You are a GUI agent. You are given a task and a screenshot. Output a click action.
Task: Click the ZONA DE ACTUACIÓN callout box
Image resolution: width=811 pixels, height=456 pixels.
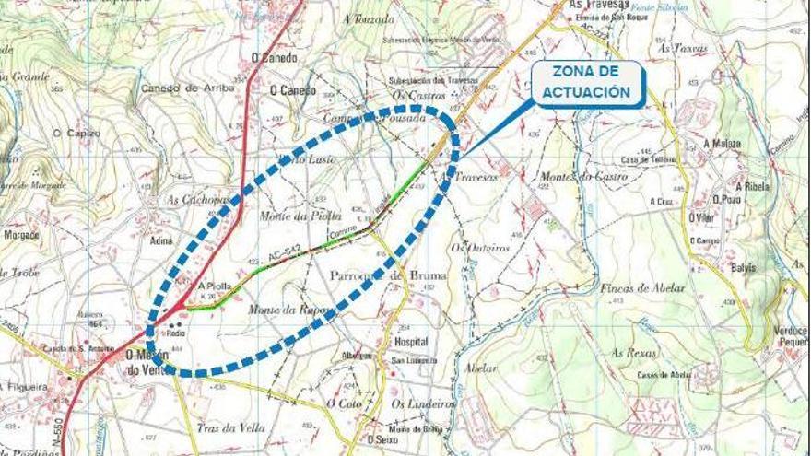coord(587,84)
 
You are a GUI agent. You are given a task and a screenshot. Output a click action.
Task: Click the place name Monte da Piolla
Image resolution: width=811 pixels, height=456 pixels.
coord(288,215)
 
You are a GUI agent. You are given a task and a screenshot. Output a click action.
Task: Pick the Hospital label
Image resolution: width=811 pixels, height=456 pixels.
coord(411,341)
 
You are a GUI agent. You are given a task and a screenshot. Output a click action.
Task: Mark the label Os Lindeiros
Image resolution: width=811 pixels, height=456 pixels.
coord(423,403)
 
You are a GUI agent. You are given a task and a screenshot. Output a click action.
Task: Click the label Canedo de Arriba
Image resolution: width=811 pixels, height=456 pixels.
coord(183,88)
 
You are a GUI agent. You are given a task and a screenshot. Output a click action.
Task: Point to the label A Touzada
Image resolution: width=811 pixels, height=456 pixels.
coord(368,18)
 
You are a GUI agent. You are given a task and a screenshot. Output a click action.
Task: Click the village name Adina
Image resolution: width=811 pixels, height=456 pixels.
coord(160,240)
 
